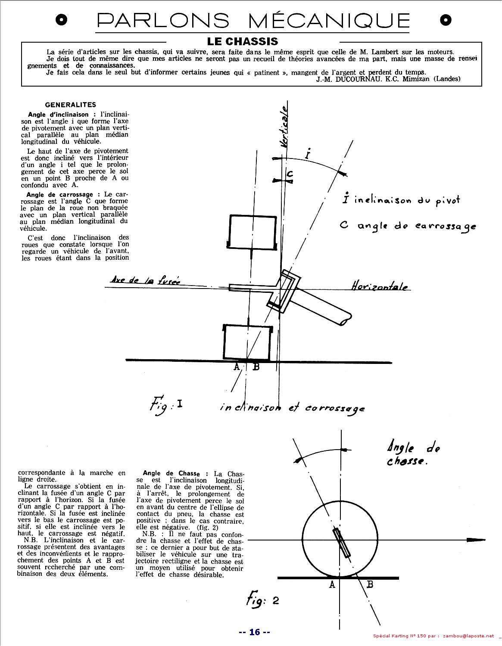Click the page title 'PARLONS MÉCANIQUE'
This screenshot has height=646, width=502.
tap(253, 20)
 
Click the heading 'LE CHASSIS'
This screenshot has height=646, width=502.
tap(243, 41)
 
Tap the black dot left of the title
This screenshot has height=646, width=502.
tap(62, 20)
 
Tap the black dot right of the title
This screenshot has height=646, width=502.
tap(446, 20)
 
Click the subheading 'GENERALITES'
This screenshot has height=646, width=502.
tap(70, 105)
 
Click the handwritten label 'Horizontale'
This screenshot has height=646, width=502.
tap(379, 286)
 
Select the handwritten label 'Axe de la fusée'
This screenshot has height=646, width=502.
tap(145, 280)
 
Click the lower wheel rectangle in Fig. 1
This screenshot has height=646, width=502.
tap(247, 342)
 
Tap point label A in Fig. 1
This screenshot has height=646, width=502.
tap(236, 367)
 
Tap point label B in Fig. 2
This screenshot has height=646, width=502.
tap(370, 584)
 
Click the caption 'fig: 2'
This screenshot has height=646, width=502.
tap(262, 600)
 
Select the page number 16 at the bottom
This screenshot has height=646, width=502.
tap(254, 632)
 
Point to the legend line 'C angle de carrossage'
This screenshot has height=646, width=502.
tap(407, 226)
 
